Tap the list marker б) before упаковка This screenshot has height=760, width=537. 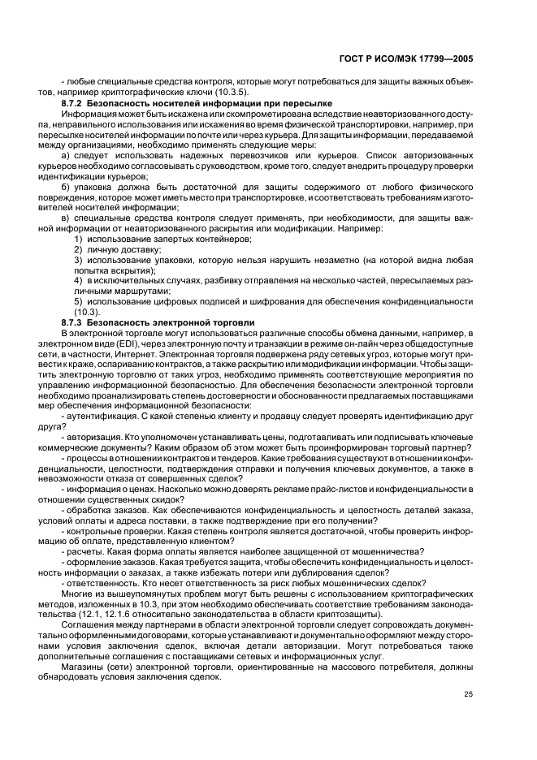67,188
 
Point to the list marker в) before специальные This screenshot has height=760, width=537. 67,219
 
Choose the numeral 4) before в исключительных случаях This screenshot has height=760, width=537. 79,280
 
